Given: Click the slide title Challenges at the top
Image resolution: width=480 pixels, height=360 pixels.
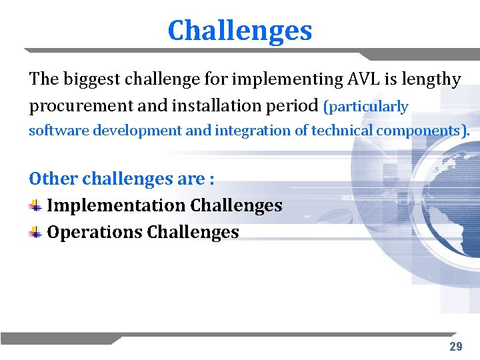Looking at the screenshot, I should (239, 31).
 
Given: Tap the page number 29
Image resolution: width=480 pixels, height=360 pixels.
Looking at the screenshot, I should (455, 346).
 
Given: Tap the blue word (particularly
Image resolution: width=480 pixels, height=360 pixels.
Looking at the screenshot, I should (365, 107).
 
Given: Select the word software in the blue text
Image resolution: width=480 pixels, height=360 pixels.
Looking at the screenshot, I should (59, 131).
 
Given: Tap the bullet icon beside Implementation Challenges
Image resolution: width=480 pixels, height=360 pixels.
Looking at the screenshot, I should (35, 205).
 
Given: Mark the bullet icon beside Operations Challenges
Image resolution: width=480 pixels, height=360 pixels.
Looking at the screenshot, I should (35, 232).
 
